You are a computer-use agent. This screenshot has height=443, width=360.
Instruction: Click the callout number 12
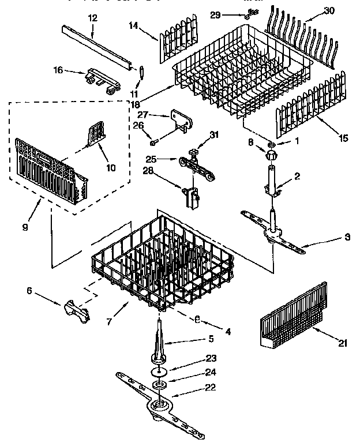point(92,19)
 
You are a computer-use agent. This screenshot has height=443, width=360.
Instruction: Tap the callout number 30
point(329,11)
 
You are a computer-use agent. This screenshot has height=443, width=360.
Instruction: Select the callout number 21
point(342,344)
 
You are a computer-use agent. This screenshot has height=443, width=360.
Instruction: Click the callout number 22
point(195,387)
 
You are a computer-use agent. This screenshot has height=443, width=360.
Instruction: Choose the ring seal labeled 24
point(157,384)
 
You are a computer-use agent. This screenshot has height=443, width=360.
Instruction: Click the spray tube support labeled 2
point(271,181)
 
